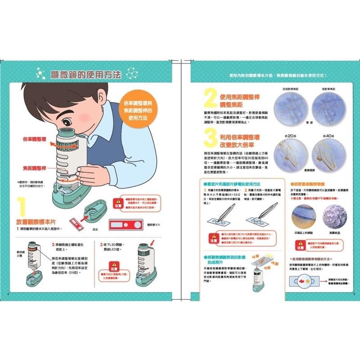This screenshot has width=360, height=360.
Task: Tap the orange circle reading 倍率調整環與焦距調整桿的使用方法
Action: pyautogui.click(x=138, y=110)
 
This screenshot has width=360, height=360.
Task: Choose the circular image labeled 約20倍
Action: pyautogui.click(x=291, y=154)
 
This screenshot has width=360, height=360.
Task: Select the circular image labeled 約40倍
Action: pyautogui.click(x=330, y=154)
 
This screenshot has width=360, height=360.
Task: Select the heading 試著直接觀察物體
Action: pyautogui.click(x=310, y=184)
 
